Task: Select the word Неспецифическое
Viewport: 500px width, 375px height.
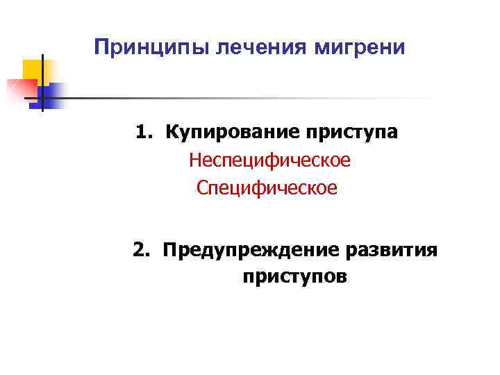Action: pos(270,160)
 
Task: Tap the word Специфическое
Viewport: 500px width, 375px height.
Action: pos(267,187)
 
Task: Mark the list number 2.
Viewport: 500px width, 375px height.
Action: pos(142,249)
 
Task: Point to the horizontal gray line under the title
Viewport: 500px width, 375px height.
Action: pos(243,98)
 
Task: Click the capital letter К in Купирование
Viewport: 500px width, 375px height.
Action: pos(171,132)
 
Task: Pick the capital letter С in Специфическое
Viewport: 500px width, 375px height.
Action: pos(203,187)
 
